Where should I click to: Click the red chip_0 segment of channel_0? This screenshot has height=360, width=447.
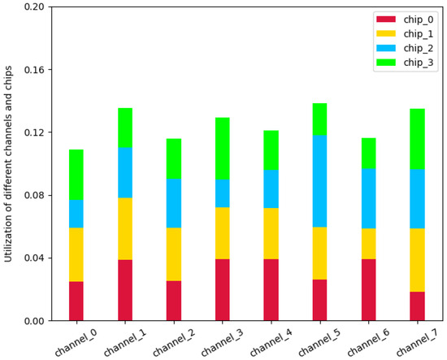tap(76, 301)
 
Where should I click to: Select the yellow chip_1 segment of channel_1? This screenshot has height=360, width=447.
tap(124, 228)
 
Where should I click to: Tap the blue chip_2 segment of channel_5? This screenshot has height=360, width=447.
tap(319, 181)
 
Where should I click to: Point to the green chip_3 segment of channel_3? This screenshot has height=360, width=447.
tap(222, 149)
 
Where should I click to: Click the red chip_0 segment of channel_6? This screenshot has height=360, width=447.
tap(368, 289)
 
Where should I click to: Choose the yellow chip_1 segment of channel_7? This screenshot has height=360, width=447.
tap(417, 260)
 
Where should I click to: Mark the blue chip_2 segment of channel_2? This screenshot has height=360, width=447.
tap(173, 203)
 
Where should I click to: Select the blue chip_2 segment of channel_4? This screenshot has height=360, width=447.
tap(271, 189)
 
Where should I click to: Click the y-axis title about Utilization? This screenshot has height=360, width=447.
tap(9, 163)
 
